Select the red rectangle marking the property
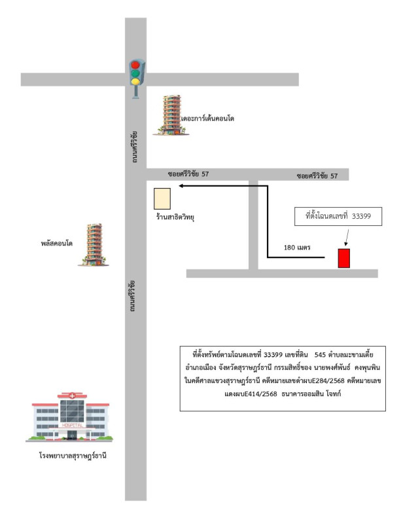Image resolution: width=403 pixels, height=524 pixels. (343, 258)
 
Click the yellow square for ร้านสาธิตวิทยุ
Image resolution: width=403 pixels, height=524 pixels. (162, 198)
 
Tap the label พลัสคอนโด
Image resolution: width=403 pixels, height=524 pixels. (56, 243)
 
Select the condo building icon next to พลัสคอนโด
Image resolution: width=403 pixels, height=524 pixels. (94, 244)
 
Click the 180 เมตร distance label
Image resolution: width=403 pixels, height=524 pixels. (296, 248)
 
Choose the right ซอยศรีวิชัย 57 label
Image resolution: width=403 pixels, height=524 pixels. (318, 176)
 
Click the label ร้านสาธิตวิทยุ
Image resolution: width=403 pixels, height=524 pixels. (175, 215)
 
